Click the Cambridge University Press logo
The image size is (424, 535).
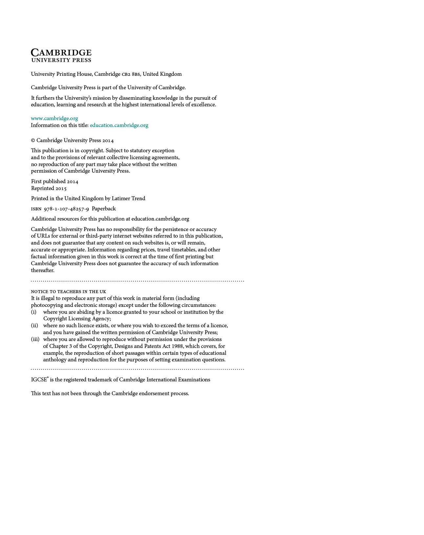61,55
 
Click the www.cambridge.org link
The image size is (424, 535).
54,118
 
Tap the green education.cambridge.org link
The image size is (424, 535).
119,125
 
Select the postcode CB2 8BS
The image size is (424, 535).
131,75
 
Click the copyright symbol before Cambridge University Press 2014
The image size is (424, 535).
33,140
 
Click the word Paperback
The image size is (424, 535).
104,209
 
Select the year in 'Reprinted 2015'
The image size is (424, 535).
61,188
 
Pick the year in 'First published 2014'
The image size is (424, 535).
72,182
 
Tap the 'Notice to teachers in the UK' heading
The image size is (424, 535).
69,291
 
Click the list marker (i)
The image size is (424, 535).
34,312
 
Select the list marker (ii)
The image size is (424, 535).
34,326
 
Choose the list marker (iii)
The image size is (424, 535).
35,339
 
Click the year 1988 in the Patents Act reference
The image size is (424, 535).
177,346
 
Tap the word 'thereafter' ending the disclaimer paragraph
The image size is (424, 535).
43,270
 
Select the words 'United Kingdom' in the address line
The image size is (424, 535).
162,74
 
